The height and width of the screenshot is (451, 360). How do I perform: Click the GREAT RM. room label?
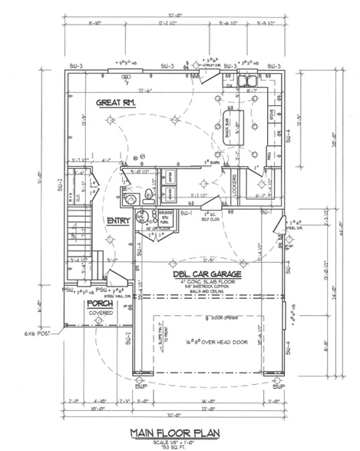pos(117,103)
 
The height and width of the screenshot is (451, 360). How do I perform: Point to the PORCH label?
pos(99,304)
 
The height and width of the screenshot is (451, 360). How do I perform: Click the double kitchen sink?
pos(251,79)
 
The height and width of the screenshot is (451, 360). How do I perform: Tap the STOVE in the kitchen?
pos(270,118)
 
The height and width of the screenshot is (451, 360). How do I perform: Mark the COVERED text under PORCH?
pos(99,313)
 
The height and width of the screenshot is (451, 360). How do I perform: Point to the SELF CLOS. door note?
pos(211,218)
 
